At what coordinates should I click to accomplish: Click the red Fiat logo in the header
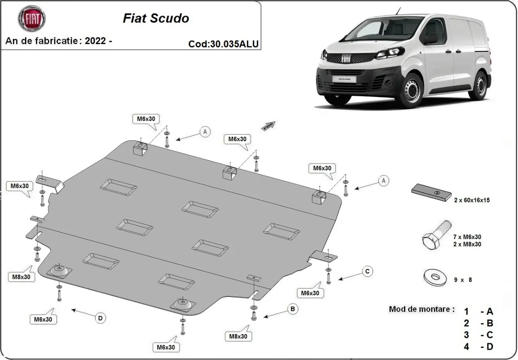(32, 19)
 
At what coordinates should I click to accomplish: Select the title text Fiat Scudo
(156, 18)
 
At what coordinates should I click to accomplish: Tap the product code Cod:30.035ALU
(224, 44)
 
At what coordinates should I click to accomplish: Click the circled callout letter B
(293, 309)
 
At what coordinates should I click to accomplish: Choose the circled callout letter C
(367, 271)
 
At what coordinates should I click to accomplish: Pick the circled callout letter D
(100, 318)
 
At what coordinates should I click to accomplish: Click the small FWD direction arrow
(268, 126)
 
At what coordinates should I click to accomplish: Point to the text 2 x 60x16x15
(472, 200)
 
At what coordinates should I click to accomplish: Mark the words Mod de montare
(421, 309)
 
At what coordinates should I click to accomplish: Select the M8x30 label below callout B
(238, 336)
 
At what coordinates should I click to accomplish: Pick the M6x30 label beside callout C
(310, 293)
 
